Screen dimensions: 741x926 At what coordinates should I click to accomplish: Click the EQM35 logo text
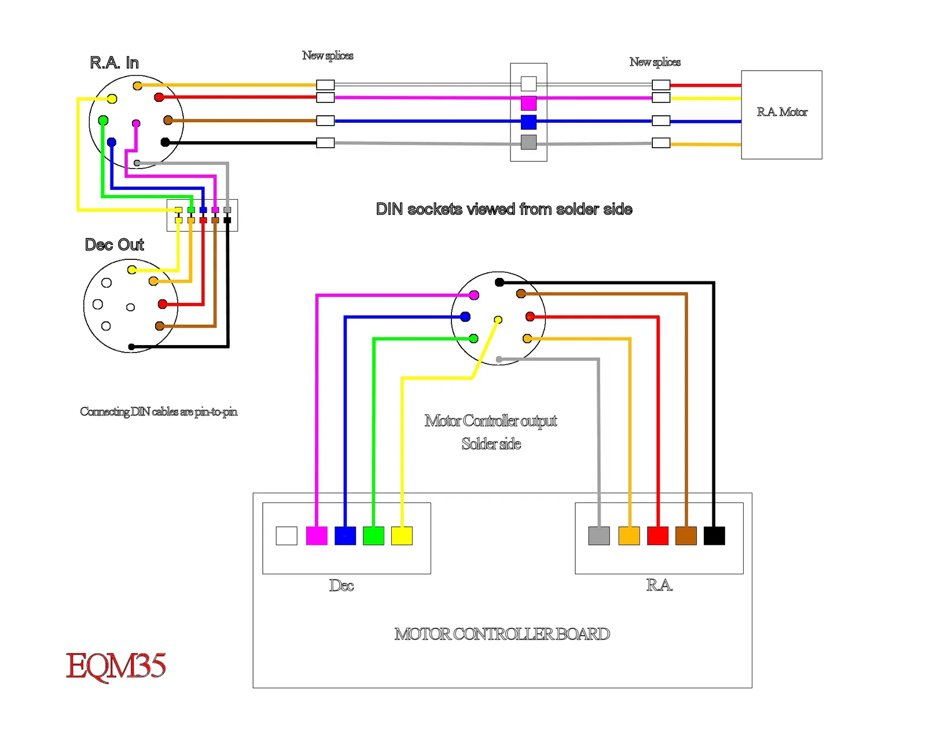pyautogui.click(x=116, y=666)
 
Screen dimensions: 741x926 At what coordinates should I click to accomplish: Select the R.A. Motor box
pyautogui.click(x=781, y=115)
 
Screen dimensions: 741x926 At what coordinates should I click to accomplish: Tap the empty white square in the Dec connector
pyautogui.click(x=286, y=535)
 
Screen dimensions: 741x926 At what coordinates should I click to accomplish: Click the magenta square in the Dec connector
pyautogui.click(x=317, y=535)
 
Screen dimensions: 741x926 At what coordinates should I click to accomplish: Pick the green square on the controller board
pyautogui.click(x=373, y=535)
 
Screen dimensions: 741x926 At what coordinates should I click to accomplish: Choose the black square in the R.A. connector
pyautogui.click(x=714, y=535)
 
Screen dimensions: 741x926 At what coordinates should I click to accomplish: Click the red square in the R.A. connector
pyautogui.click(x=657, y=535)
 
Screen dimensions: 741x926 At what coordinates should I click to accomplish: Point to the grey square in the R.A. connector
pyautogui.click(x=599, y=535)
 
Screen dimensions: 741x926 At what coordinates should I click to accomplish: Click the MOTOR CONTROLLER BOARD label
pyautogui.click(x=502, y=634)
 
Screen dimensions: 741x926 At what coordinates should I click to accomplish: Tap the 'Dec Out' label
pyautogui.click(x=114, y=245)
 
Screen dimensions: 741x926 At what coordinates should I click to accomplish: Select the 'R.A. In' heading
pyautogui.click(x=114, y=63)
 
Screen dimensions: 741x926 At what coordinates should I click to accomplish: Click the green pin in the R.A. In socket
pyautogui.click(x=103, y=120)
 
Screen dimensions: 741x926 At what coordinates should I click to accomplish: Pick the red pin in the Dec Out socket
pyautogui.click(x=163, y=304)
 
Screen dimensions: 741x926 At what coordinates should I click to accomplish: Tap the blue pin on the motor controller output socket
pyautogui.click(x=465, y=317)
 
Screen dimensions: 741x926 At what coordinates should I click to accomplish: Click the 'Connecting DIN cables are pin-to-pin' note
pyautogui.click(x=159, y=412)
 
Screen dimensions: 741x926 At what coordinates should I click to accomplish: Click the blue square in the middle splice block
pyautogui.click(x=528, y=122)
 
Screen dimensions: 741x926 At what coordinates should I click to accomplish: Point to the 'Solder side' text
pyautogui.click(x=491, y=444)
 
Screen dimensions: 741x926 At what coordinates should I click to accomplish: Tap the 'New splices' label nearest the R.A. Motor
pyautogui.click(x=655, y=62)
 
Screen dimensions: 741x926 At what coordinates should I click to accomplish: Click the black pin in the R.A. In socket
pyautogui.click(x=165, y=142)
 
